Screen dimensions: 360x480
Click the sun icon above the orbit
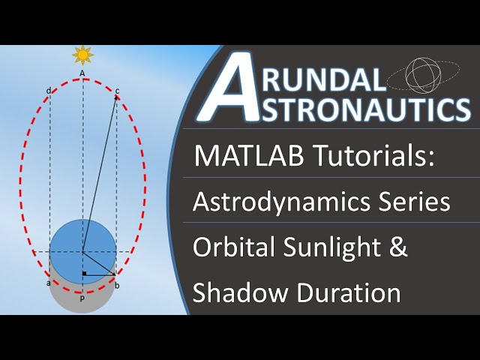pos(82,55)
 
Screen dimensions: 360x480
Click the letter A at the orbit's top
pos(82,73)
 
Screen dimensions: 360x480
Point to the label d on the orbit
pos(49,91)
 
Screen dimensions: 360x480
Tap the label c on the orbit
pos(117,91)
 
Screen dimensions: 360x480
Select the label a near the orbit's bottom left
pos(49,283)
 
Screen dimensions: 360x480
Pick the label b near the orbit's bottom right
pos(116,284)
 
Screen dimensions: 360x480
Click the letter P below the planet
pos(82,297)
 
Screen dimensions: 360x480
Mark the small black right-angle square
pos(86,272)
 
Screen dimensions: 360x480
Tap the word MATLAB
pos(244,157)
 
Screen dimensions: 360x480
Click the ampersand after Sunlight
pos(398,248)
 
